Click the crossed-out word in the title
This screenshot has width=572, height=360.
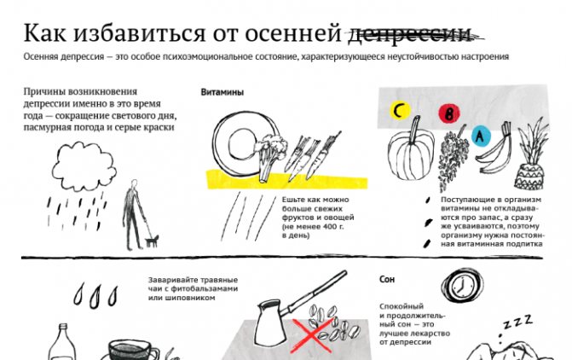pos(416,34)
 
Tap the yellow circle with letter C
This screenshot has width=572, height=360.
pos(400,111)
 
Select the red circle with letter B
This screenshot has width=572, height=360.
pos(449,113)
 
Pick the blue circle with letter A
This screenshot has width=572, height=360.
pos(481,136)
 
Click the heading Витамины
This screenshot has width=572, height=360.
pos(222,92)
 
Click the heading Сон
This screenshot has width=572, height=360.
pos(387,279)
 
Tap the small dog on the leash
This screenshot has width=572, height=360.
pos(152,241)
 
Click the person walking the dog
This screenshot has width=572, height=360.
pos(132,215)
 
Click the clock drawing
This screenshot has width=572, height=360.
pos(462,287)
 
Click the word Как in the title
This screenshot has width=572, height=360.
pos(45,33)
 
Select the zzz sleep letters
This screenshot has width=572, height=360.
pos(517,322)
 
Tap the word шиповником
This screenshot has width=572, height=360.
pos(182,298)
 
